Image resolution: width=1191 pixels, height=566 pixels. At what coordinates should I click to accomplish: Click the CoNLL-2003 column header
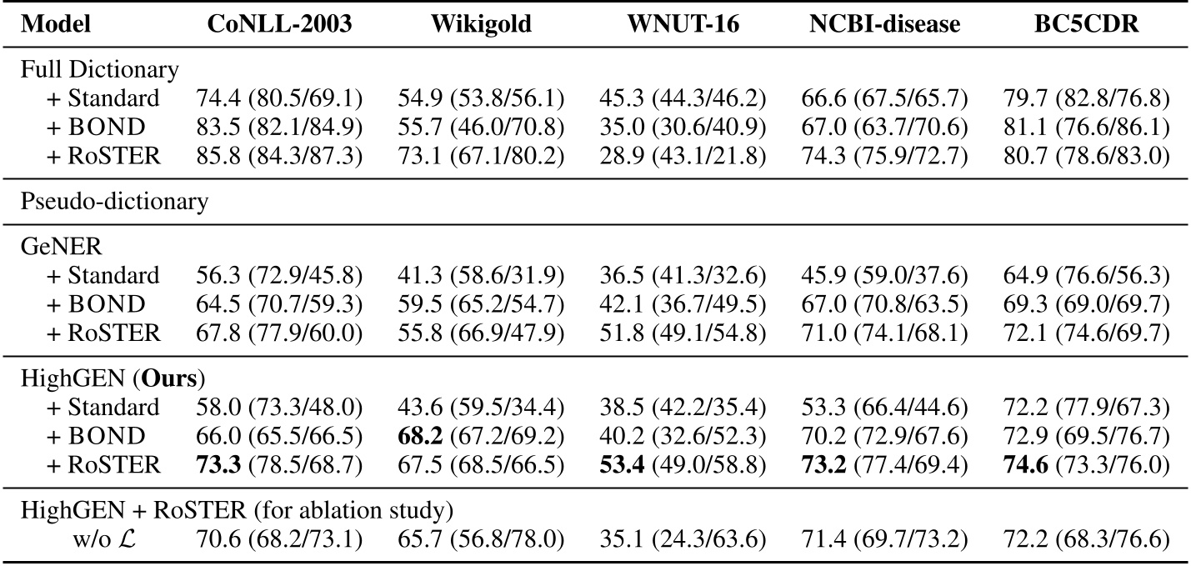(x=279, y=24)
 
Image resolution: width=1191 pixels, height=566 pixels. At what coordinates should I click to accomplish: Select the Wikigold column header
(x=481, y=24)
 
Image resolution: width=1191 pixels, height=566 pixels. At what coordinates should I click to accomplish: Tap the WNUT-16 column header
(x=682, y=24)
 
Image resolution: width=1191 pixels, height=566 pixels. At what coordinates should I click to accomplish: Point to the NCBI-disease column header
(x=884, y=24)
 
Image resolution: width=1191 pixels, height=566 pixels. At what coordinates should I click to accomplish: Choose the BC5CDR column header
(x=1085, y=24)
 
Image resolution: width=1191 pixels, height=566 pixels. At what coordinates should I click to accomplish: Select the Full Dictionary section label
(x=99, y=70)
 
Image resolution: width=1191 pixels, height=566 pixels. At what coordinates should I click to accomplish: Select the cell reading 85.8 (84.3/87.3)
(x=279, y=157)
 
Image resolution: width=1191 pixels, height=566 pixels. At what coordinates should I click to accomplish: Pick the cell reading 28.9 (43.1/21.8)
(x=682, y=157)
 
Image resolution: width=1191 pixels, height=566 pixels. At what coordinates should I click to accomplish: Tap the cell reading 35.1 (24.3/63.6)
(x=682, y=539)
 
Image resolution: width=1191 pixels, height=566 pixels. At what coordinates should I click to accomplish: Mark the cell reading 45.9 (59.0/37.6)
(x=884, y=275)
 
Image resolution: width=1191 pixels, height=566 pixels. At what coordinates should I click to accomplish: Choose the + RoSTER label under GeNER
(x=103, y=333)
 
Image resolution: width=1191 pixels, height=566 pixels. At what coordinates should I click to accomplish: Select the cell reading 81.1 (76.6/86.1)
(x=1085, y=128)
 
